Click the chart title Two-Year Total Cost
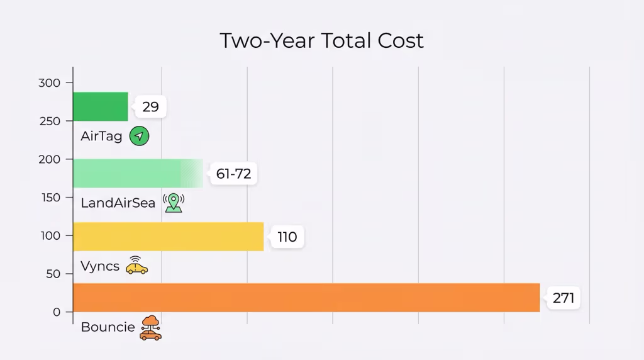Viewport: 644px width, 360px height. (321, 40)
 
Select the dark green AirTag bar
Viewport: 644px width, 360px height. (101, 106)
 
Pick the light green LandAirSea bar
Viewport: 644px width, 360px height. (138, 173)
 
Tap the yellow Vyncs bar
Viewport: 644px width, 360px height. (168, 237)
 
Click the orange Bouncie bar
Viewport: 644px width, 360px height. (306, 298)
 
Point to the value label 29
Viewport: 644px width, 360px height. (150, 106)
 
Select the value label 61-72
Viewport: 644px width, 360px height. (233, 174)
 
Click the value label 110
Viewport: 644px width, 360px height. (287, 237)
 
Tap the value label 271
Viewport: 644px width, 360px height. (563, 298)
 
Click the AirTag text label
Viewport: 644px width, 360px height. (101, 136)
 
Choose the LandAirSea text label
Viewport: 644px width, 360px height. (118, 203)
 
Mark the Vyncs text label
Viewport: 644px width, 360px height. (100, 266)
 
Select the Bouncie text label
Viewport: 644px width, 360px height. (108, 327)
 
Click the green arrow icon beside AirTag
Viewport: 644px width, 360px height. (139, 136)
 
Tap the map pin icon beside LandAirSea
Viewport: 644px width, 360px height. (174, 203)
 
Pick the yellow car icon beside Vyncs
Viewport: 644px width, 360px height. (136, 266)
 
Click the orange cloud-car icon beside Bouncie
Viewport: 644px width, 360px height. (150, 328)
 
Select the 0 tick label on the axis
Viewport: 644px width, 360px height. (57, 312)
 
